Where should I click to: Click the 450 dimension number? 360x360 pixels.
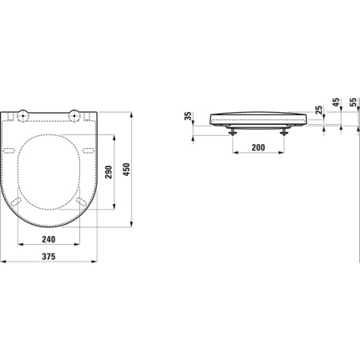[126, 170]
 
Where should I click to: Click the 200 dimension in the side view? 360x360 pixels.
[258, 149]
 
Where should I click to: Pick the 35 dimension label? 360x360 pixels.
[189, 118]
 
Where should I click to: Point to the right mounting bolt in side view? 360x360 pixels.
[283, 131]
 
